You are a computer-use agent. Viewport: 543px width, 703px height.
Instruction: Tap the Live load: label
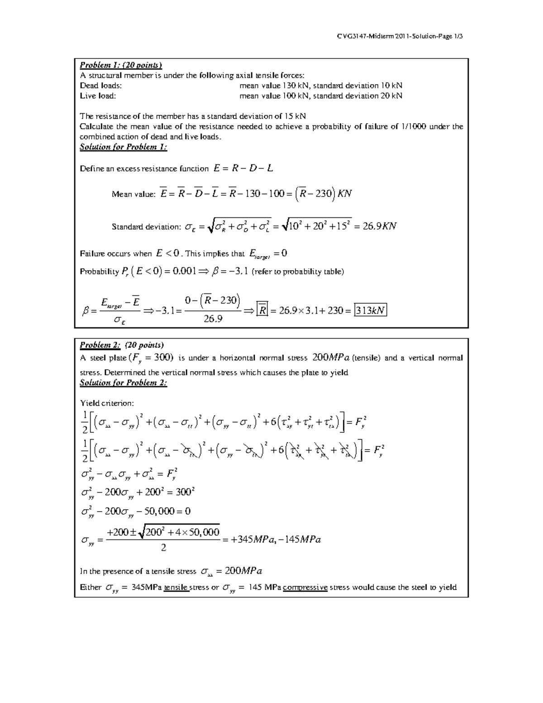click(x=98, y=96)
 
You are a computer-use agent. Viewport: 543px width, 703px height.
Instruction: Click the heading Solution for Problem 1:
click(x=124, y=147)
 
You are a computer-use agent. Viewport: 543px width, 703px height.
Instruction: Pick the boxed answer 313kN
click(x=371, y=311)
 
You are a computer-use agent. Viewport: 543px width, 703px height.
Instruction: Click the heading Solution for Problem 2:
click(x=124, y=383)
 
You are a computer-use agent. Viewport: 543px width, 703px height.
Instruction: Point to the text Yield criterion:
click(x=107, y=403)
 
